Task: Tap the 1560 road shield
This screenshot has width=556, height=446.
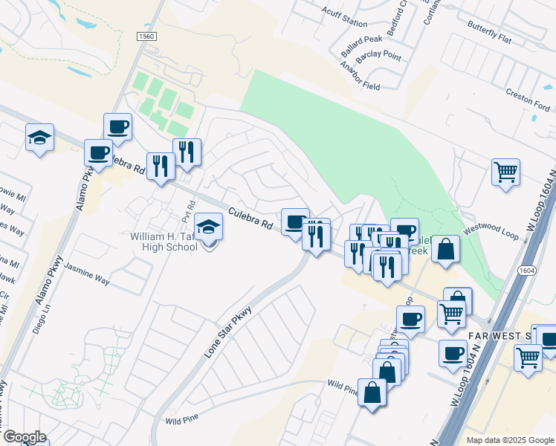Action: click(146, 36)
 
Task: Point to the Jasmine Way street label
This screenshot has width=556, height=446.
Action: click(86, 273)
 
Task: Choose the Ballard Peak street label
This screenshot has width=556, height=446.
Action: click(362, 48)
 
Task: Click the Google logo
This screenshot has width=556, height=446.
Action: click(24, 437)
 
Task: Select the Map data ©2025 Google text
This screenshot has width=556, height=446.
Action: click(509, 440)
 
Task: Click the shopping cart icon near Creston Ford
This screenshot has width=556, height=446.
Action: click(505, 172)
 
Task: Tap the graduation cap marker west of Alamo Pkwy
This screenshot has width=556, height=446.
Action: click(39, 138)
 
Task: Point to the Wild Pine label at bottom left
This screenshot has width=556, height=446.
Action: click(183, 421)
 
